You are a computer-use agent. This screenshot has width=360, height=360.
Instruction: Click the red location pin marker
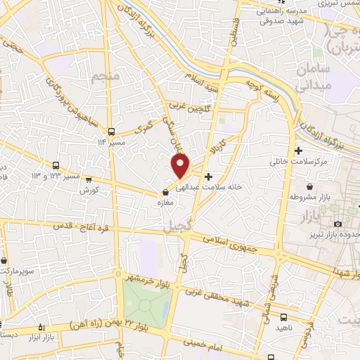[181, 165]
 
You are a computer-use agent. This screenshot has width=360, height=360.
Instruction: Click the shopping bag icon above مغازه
[166, 191]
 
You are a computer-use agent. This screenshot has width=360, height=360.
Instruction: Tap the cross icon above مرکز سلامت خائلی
[299, 150]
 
